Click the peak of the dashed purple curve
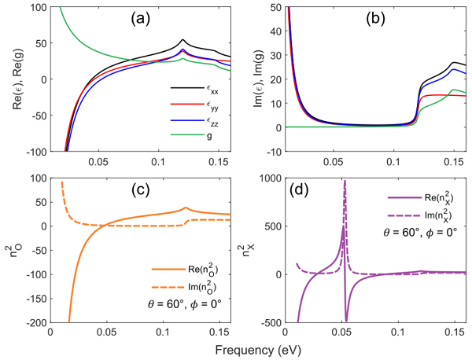345,181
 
